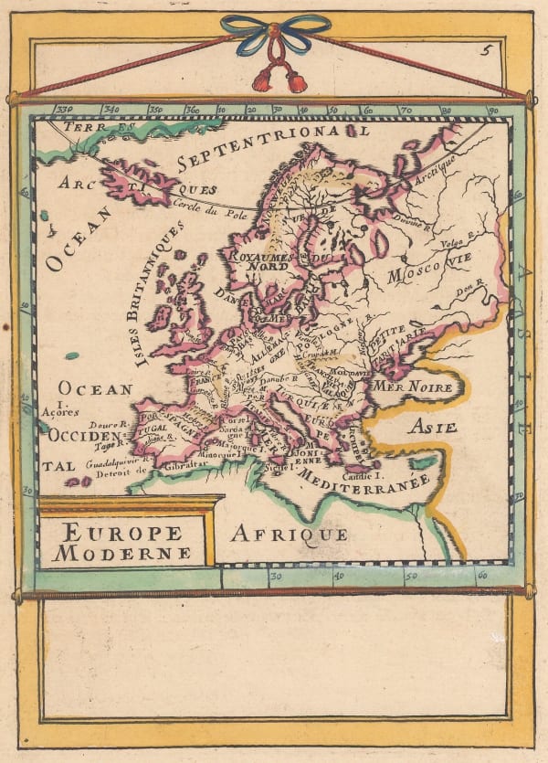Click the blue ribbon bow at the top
click(275, 33)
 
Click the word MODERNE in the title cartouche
click(122, 552)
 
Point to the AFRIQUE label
click(288, 534)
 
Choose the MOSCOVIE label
click(433, 272)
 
